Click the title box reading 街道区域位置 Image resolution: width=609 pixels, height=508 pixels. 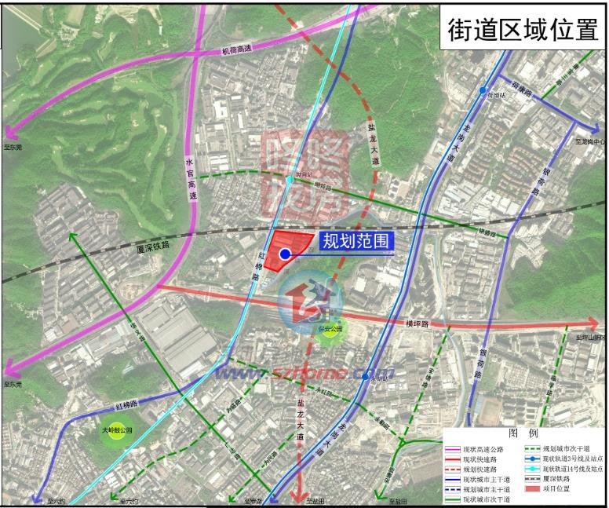tap(522, 29)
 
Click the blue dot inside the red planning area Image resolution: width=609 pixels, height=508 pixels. tap(285, 254)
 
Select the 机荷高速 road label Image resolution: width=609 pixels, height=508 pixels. tap(236, 49)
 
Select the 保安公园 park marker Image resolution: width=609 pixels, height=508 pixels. tap(331, 330)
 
